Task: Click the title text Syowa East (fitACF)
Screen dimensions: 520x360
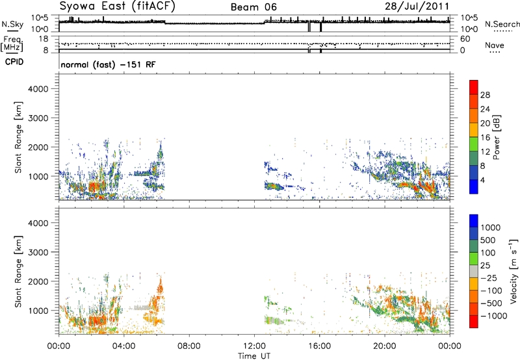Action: tap(117, 6)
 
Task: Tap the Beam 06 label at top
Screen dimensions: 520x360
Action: tap(253, 7)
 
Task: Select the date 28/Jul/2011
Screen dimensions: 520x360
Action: tap(417, 6)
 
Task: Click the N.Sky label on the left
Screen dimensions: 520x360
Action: tap(12, 24)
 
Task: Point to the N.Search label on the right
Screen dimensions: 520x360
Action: tap(502, 24)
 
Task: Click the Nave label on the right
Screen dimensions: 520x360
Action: tap(495, 45)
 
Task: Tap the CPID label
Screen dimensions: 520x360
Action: tap(14, 62)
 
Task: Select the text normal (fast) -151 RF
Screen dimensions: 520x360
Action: tap(108, 64)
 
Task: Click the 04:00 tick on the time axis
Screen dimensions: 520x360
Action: tap(123, 346)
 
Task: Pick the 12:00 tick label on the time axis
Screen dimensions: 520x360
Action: tap(254, 346)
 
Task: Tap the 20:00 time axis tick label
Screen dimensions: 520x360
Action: tap(385, 346)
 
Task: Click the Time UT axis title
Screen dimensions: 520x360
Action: tap(254, 356)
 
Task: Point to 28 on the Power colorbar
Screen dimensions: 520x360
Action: tap(485, 95)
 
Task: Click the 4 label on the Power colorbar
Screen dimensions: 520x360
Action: tap(483, 180)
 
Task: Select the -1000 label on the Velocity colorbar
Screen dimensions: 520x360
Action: tap(494, 316)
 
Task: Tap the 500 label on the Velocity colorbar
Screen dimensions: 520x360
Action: tap(488, 240)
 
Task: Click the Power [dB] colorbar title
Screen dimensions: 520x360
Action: tap(496, 137)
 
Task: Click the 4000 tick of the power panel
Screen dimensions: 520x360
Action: tap(38, 89)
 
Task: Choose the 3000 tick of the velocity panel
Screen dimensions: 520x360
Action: tap(38, 252)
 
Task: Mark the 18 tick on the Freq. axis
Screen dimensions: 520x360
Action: tap(44, 39)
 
